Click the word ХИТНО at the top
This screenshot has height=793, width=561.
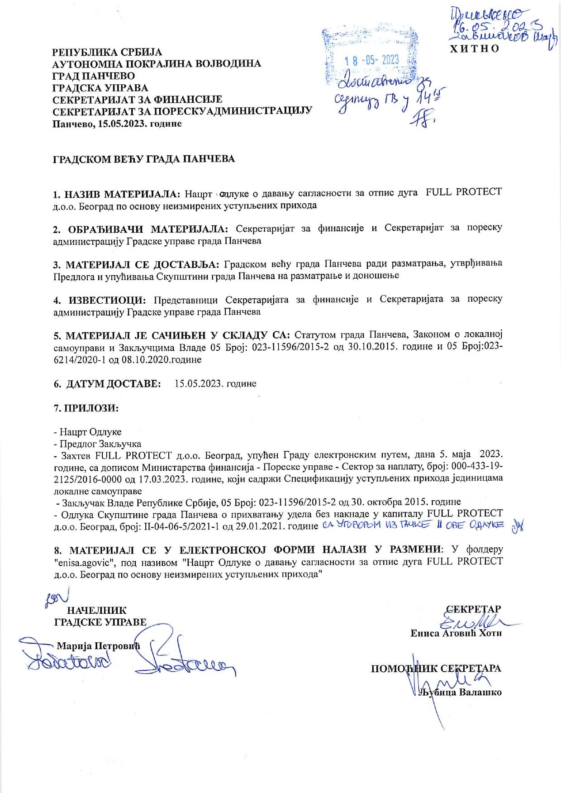point(473,48)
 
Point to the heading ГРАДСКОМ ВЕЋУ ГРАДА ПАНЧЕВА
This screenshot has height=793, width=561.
point(144,159)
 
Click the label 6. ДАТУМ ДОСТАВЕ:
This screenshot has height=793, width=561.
point(107,383)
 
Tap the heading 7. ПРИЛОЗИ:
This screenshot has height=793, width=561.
point(86,407)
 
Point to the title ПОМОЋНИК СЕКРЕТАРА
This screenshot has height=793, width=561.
point(436,669)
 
